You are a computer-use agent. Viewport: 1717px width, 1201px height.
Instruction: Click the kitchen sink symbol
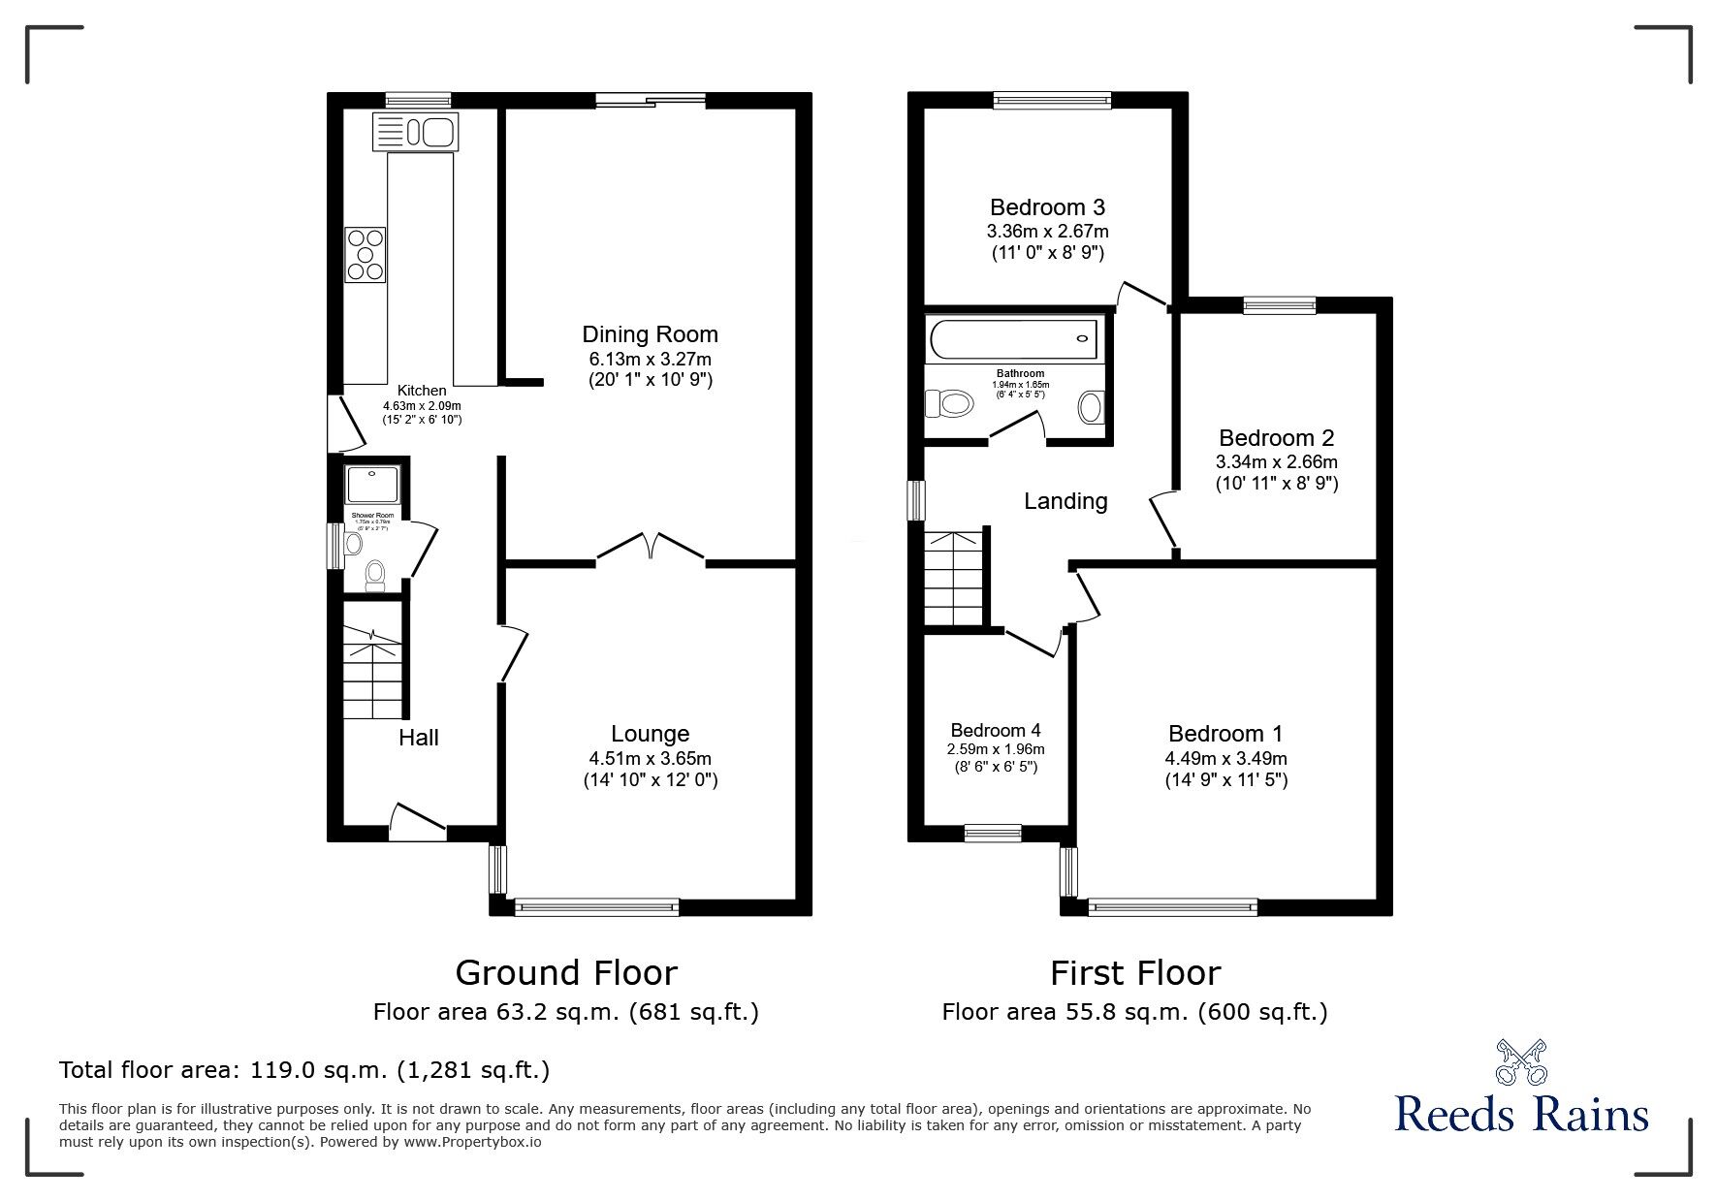pos(415,132)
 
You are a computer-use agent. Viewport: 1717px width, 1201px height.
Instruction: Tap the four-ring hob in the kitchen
pos(366,254)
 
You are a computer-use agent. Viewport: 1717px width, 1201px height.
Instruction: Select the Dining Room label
pos(650,334)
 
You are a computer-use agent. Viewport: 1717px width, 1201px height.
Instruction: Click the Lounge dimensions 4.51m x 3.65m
pos(650,758)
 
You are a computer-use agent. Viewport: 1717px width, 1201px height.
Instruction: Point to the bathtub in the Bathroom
pos(1012,339)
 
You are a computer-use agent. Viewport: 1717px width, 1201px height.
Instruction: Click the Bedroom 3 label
pos(1047,206)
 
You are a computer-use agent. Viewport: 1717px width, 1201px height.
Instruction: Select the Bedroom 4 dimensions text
pos(995,749)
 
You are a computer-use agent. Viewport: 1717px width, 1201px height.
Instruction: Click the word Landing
pos(1065,501)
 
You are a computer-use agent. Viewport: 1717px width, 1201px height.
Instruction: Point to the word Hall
pos(419,738)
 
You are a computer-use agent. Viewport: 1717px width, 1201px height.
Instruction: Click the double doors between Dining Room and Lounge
pos(650,548)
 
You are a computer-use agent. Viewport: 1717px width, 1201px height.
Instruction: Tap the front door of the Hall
pos(417,819)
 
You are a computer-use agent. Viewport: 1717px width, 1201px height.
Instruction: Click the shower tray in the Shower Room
pos(373,484)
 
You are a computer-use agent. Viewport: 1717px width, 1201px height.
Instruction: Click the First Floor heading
pos(1135,972)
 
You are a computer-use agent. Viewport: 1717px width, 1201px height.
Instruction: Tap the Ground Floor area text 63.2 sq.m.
pos(565,1013)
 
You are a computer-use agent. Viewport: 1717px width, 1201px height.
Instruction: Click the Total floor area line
pos(304,1070)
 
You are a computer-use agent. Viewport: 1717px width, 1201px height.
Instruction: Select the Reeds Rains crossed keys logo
pos(1520,1061)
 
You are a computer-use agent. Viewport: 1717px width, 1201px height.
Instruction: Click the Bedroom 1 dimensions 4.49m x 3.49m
pos(1225,758)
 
